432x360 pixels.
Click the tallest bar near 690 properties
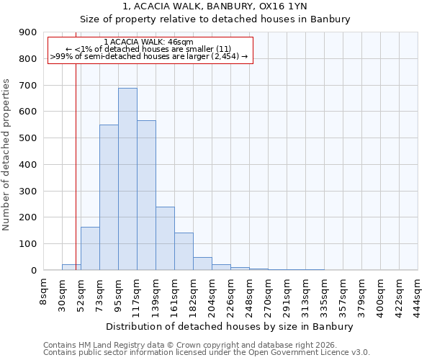point(127,179)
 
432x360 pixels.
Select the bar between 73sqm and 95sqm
point(109,197)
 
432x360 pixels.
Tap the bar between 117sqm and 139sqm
point(146,195)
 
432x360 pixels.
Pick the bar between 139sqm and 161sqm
point(165,238)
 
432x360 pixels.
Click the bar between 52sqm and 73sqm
point(90,248)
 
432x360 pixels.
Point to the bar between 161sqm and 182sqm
point(184,251)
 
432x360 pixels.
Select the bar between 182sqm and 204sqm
point(202,264)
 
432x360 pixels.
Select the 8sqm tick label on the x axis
point(44,291)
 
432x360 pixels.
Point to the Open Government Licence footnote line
point(206,353)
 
